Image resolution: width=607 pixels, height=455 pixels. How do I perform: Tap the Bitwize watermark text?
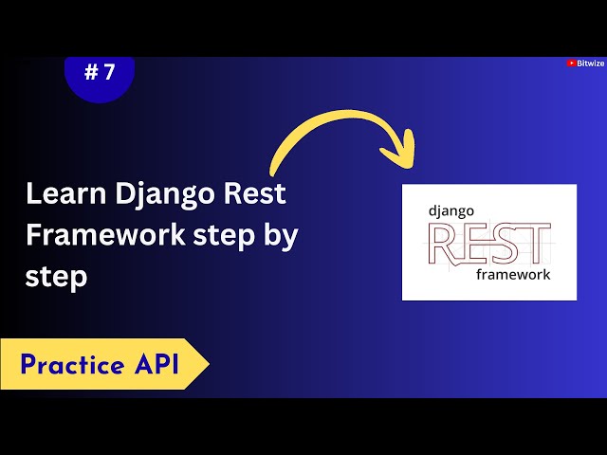(x=590, y=64)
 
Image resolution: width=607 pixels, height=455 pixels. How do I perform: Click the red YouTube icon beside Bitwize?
(x=572, y=64)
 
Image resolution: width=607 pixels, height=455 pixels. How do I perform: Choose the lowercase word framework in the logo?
(x=513, y=274)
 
